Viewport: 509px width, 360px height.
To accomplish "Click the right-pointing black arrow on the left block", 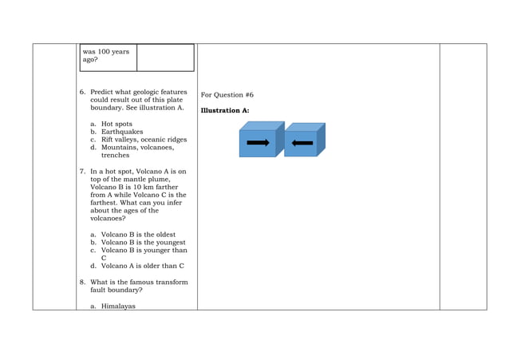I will point(258,143).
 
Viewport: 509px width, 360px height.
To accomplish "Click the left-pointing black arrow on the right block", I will point(302,144).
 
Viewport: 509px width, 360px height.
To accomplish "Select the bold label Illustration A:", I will point(225,110).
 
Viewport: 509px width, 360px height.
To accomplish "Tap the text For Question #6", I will point(227,95).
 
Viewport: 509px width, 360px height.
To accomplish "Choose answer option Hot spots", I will point(116,124).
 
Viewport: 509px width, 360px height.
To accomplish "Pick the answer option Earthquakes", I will point(122,132).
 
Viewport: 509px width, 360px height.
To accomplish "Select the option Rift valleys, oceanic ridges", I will point(144,140).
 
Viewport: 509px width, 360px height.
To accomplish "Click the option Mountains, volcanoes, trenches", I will point(137,148).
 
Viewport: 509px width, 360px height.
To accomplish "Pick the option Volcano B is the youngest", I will point(143,243).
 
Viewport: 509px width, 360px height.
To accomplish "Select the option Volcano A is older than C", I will point(142,266).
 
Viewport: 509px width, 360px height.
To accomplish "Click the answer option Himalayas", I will point(118,306).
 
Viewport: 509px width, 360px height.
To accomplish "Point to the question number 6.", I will point(82,92).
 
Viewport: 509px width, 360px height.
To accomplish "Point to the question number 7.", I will point(82,171).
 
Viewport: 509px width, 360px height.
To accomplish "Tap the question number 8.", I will point(82,282).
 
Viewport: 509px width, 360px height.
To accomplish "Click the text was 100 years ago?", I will point(105,55).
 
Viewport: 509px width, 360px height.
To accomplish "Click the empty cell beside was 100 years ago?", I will point(165,57).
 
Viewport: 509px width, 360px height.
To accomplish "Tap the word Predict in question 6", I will point(103,92).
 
